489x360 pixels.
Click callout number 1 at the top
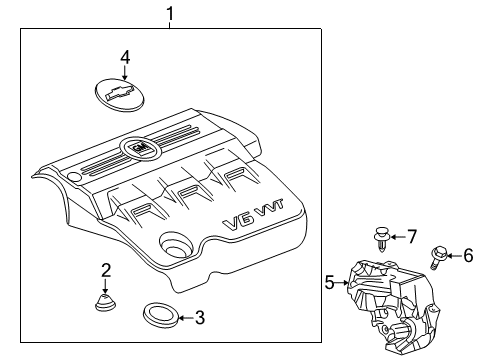click(x=170, y=13)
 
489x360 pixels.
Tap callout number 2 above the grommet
click(x=105, y=269)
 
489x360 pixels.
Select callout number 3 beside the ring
click(x=199, y=318)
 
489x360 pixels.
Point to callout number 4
click(x=124, y=58)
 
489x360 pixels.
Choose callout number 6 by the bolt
click(x=467, y=256)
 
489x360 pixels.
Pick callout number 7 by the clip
click(x=412, y=236)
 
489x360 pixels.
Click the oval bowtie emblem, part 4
click(x=118, y=92)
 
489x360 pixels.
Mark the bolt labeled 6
click(x=438, y=257)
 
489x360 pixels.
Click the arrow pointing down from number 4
click(x=124, y=74)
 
